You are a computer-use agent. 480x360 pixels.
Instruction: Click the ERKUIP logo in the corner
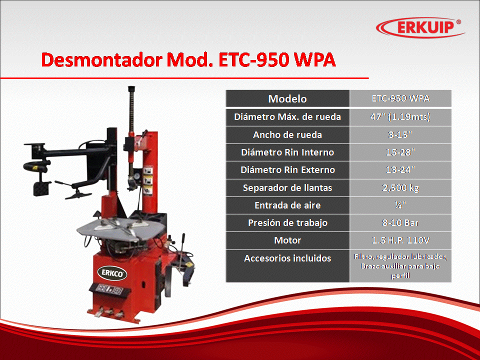coord(420,27)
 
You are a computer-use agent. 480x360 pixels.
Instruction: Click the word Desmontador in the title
coord(102,59)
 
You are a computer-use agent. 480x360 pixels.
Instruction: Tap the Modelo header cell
coord(287,98)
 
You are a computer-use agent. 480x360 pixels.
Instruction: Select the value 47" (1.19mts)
coord(400,116)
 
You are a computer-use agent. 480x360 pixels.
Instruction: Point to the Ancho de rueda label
coord(287,134)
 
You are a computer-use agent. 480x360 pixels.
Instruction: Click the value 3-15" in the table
coord(400,134)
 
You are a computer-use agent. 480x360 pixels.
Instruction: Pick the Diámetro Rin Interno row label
coord(287,152)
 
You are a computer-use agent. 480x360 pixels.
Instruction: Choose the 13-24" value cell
coord(400,169)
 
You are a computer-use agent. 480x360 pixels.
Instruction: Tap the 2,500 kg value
coord(400,187)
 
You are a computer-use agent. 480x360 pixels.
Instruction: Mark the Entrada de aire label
coord(287,205)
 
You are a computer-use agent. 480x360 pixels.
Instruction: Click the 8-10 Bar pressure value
coord(400,222)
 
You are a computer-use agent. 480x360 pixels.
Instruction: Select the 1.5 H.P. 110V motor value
coord(400,240)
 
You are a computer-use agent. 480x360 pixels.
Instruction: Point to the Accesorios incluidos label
coord(287,258)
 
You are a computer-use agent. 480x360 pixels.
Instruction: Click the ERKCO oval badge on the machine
coord(112,273)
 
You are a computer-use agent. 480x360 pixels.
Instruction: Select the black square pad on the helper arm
coord(42,188)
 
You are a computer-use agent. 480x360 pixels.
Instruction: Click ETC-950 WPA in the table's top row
coord(400,98)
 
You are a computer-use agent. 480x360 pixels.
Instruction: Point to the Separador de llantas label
coord(287,187)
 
